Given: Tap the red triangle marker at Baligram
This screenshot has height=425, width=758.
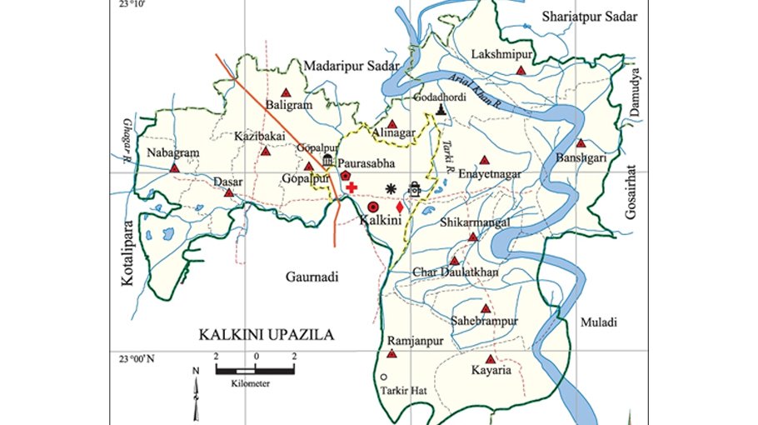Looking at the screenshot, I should pos(286,92).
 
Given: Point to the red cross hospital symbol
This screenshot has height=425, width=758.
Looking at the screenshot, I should pos(352,188).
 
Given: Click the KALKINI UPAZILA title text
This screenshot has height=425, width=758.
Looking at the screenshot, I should pos(266,335).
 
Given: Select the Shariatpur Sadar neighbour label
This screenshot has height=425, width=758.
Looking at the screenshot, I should pos(589,17).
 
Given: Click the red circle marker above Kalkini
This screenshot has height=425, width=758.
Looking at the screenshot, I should pos(373,205).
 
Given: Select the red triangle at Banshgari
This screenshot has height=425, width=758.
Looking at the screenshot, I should pos(581,143).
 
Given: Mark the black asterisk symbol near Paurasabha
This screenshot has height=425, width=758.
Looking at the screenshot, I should pos(390,188).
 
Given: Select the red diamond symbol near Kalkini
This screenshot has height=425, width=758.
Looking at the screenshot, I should pos(400,205).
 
